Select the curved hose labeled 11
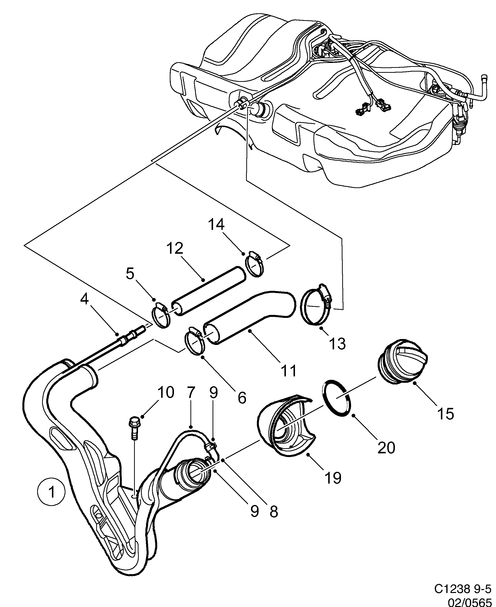[x=248, y=317]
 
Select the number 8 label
[x=273, y=512]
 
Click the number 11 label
[x=289, y=370]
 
